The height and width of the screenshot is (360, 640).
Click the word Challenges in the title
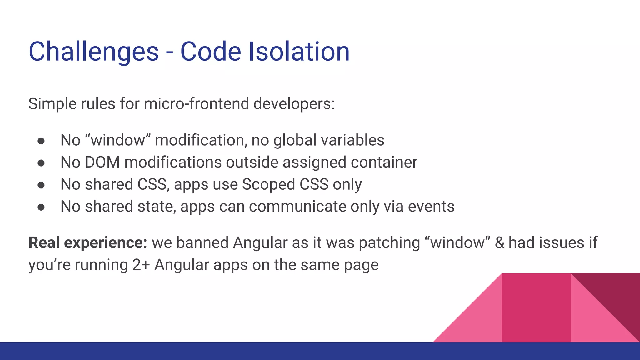click(x=93, y=52)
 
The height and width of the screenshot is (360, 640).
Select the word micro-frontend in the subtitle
click(x=196, y=104)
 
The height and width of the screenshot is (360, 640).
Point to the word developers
click(x=294, y=104)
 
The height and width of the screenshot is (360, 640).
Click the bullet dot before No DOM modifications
click(x=41, y=163)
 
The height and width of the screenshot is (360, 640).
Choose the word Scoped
click(x=268, y=184)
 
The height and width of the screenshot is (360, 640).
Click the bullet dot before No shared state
click(x=41, y=207)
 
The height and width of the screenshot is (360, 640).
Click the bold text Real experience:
click(x=87, y=243)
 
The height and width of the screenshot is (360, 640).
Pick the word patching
click(x=389, y=243)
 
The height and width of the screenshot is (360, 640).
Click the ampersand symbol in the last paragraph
click(x=499, y=243)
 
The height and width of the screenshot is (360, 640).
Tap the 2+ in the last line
click(x=141, y=265)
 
